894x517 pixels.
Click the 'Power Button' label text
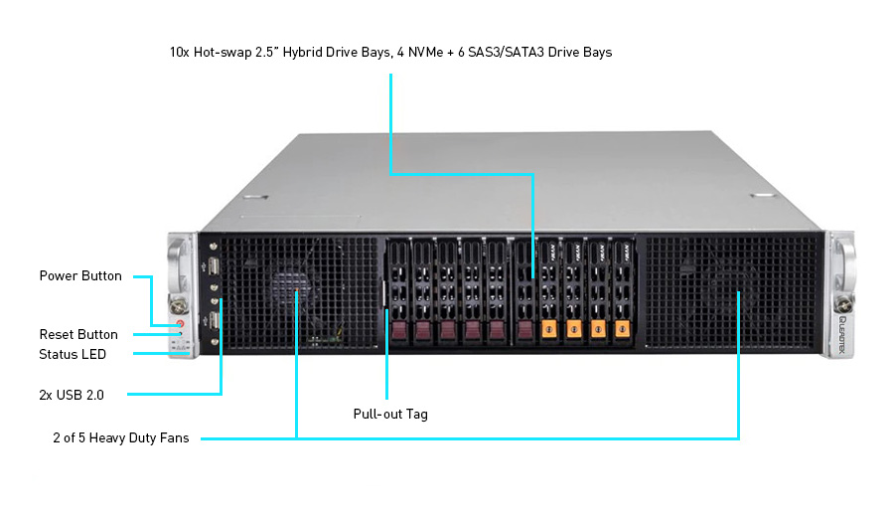[80, 276]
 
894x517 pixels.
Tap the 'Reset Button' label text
[78, 335]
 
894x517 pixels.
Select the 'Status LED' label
[73, 354]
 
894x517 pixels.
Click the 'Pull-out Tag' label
[390, 414]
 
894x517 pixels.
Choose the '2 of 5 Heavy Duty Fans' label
[120, 437]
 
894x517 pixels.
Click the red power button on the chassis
[181, 323]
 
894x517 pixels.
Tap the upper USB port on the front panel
[216, 266]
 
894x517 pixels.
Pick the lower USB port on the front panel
[216, 321]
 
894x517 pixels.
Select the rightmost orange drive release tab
[622, 329]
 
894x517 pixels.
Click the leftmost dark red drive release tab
[399, 330]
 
